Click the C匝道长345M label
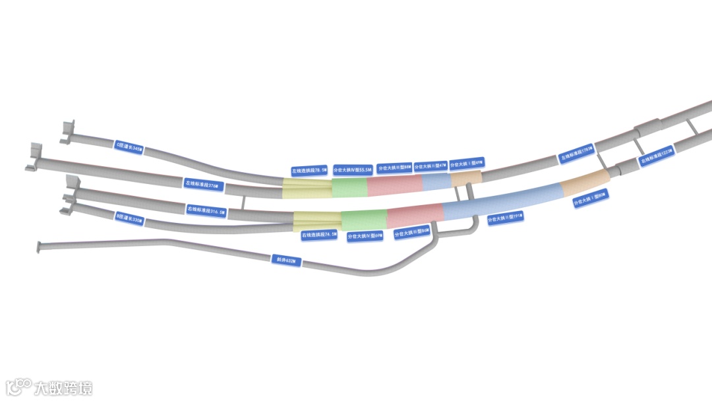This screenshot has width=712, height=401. pyautogui.click(x=129, y=145)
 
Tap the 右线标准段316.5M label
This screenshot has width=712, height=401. pyautogui.click(x=206, y=211)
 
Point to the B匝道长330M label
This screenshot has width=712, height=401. pyautogui.click(x=129, y=218)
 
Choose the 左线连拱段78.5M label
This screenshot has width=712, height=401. pyautogui.click(x=309, y=170)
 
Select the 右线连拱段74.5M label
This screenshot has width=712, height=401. pyautogui.click(x=319, y=235)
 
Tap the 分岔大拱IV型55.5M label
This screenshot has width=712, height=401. pyautogui.click(x=353, y=170)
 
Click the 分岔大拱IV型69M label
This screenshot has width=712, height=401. pyautogui.click(x=365, y=235)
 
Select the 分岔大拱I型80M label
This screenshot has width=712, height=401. pyautogui.click(x=589, y=196)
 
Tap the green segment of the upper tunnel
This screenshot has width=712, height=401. pyautogui.click(x=349, y=188)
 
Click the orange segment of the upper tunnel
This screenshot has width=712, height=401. pyautogui.click(x=466, y=177)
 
